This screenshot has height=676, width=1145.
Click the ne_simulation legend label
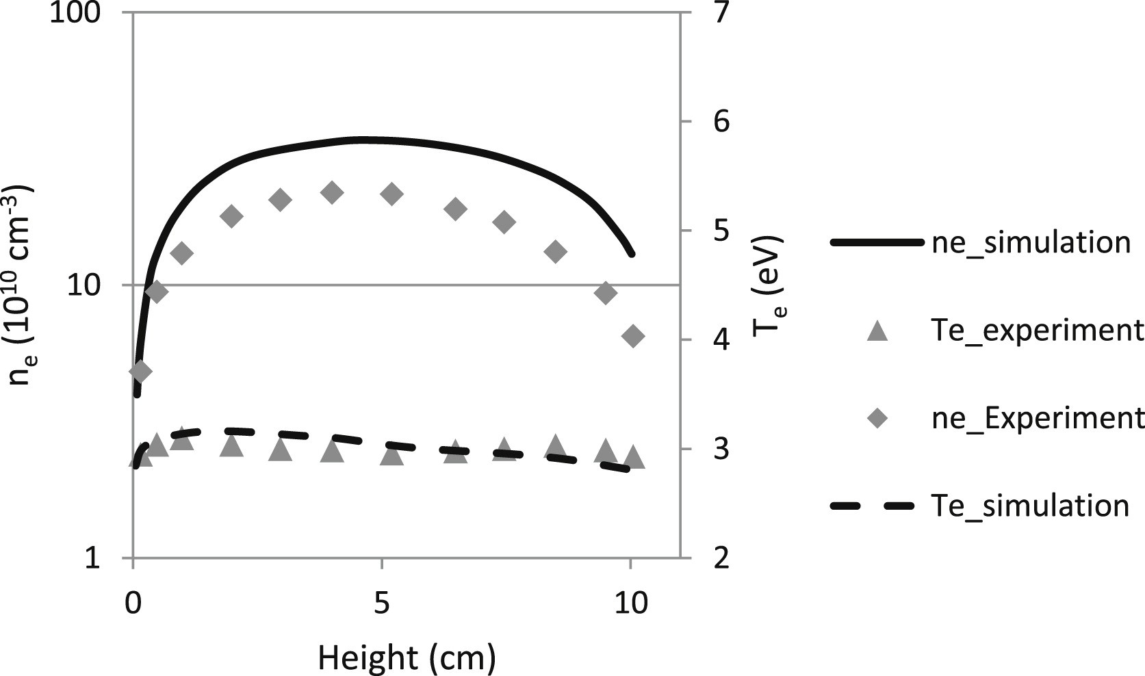1031,243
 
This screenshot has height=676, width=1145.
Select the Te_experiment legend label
1037,330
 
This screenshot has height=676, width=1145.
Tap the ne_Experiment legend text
1037,418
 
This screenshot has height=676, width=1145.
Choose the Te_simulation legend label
1030,506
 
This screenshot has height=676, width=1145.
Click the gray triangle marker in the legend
877,331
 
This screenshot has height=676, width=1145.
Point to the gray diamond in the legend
877,418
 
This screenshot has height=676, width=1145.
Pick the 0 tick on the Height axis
133,604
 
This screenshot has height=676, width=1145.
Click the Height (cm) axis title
407,658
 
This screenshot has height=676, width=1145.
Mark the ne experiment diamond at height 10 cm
633,336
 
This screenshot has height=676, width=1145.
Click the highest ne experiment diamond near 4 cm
332,193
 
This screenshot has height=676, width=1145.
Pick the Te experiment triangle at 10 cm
634,456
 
